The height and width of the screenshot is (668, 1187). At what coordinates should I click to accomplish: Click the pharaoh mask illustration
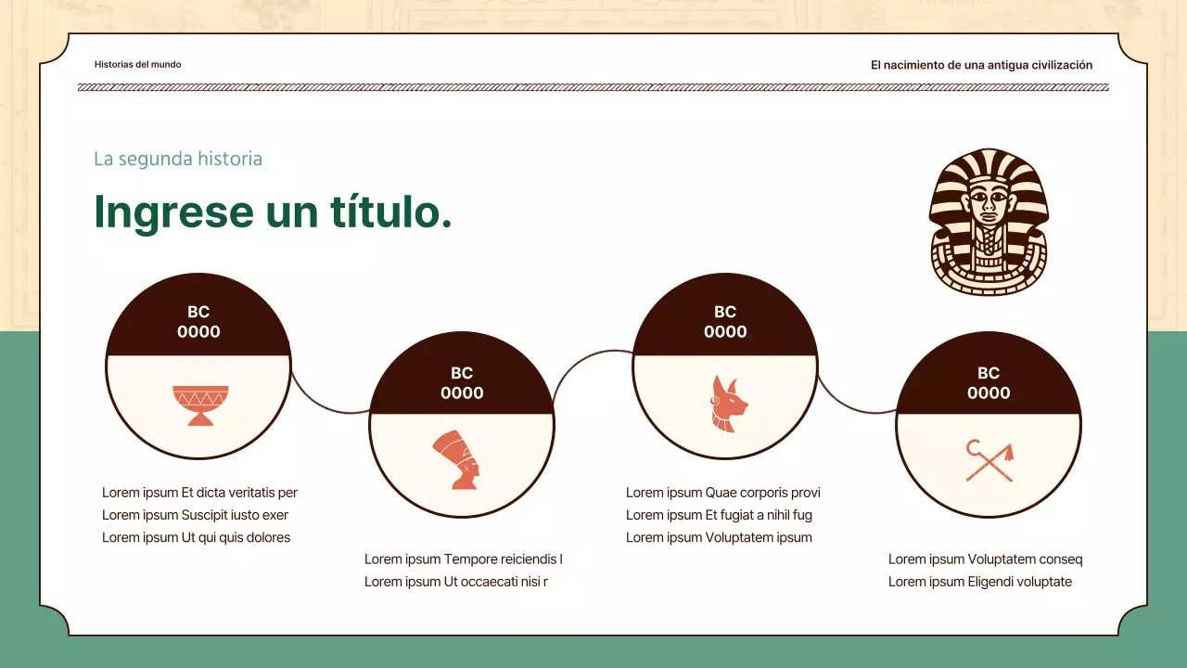(988, 223)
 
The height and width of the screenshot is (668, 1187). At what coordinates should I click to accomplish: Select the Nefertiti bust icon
(457, 460)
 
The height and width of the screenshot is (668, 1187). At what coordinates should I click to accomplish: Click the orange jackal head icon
(723, 404)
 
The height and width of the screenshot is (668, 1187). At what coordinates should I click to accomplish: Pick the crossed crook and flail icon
(989, 461)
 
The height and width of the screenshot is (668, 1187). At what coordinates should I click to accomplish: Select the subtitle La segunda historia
(178, 159)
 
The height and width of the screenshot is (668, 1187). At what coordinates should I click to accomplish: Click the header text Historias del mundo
(138, 65)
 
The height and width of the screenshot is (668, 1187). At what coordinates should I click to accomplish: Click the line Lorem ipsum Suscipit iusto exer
(195, 515)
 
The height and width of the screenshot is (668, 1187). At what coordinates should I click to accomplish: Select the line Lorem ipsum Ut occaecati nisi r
(455, 582)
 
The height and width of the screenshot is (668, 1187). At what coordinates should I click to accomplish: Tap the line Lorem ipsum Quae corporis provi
(722, 493)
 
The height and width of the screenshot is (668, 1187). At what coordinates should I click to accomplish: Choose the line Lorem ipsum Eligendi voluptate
(979, 582)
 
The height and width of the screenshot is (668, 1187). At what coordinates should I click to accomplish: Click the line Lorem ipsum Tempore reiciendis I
(463, 559)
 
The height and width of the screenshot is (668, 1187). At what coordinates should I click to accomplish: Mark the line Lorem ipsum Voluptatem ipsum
(719, 537)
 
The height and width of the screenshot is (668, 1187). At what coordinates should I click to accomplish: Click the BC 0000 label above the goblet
(198, 322)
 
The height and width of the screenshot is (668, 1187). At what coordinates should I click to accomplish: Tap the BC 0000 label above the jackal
(725, 322)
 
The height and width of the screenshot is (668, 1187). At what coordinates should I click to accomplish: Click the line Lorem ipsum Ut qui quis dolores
(196, 537)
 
